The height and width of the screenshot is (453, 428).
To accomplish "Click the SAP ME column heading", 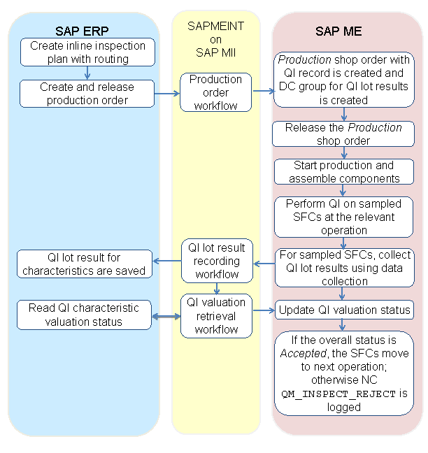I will click(343, 31).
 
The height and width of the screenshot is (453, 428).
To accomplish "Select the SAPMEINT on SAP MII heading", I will click(215, 38).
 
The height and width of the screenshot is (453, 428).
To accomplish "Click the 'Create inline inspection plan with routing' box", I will click(87, 52).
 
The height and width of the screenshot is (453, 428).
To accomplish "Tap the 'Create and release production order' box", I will click(87, 93).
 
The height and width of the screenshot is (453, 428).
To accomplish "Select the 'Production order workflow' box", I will click(215, 92).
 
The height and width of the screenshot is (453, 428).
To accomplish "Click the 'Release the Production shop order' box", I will click(343, 134).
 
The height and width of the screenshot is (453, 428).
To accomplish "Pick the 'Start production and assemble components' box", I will click(343, 172).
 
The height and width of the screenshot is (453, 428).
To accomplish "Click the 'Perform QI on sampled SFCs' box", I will click(343, 217).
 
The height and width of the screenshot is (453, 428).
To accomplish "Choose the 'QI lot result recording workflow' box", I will click(217, 261).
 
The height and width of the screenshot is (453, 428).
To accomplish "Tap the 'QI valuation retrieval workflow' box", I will click(217, 315).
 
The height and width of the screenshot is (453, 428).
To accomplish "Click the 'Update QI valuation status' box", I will click(343, 310).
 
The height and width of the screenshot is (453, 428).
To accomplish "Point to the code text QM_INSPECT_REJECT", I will click(338, 394).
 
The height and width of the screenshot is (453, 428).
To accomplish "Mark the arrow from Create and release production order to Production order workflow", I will click(167, 92).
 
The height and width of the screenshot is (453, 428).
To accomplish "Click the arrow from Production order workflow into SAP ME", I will click(262, 91).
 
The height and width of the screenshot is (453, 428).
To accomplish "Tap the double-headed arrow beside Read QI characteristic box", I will click(166, 317).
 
